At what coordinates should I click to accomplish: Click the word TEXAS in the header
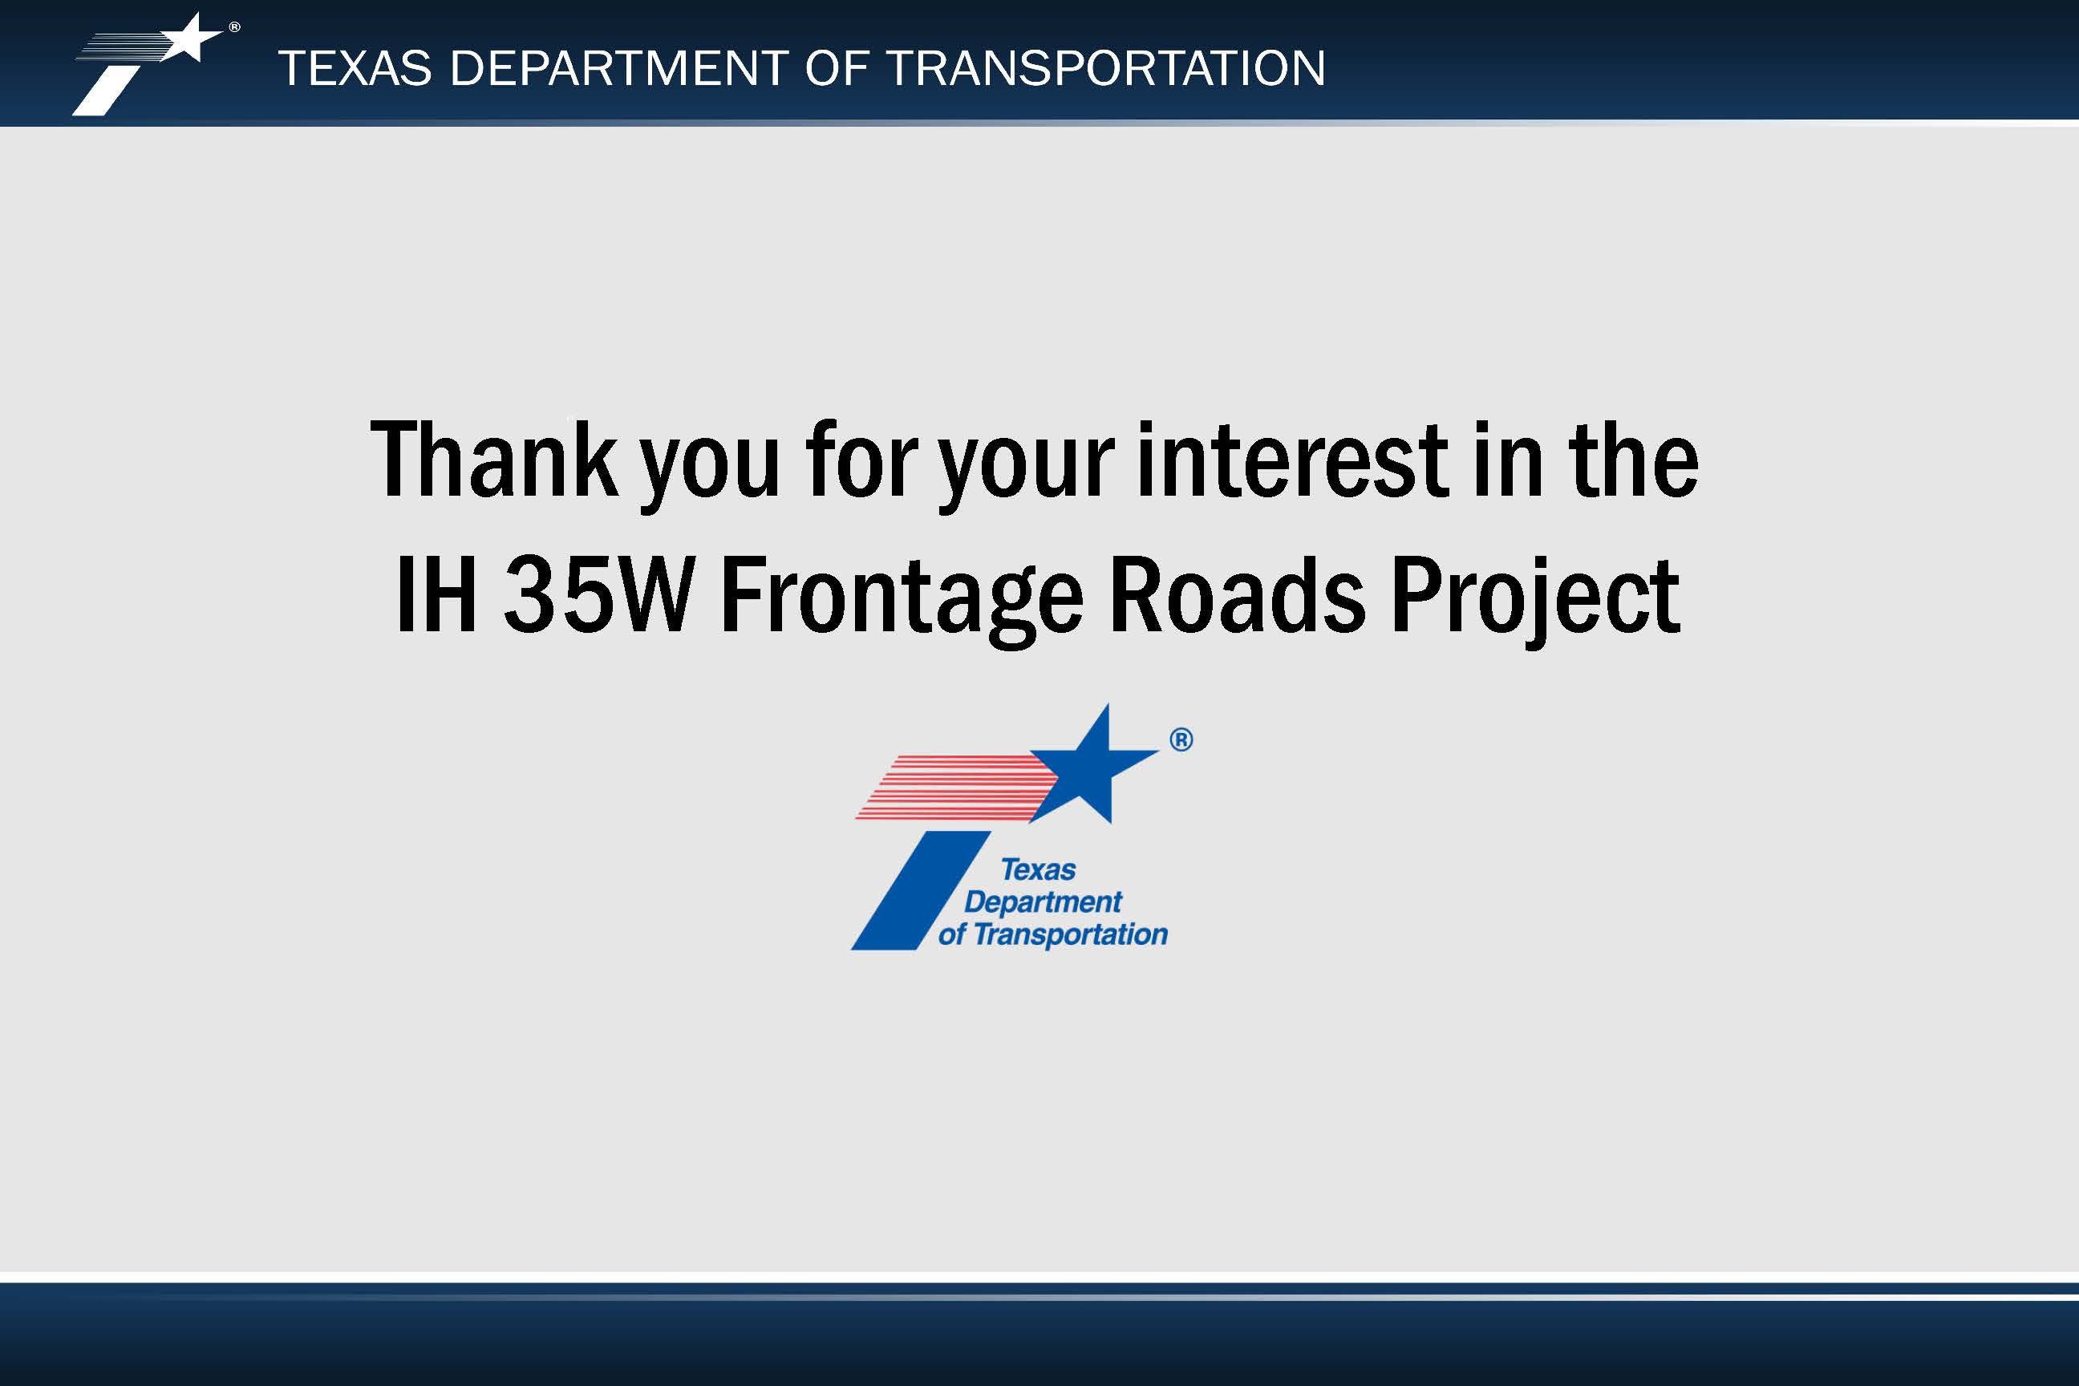[x=355, y=68]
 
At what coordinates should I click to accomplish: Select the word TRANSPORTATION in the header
[x=1105, y=68]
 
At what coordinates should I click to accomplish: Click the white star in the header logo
[x=189, y=38]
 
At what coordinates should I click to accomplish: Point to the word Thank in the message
[x=494, y=459]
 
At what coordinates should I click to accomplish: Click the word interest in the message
[x=1292, y=459]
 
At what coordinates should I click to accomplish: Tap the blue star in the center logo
[x=1094, y=764]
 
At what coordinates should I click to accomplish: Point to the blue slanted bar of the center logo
[x=920, y=890]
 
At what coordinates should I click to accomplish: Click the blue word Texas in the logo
[x=1038, y=869]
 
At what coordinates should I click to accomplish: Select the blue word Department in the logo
[x=1043, y=902]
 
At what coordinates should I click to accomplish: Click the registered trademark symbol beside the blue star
[x=1181, y=740]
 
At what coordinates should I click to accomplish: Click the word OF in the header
[x=837, y=68]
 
